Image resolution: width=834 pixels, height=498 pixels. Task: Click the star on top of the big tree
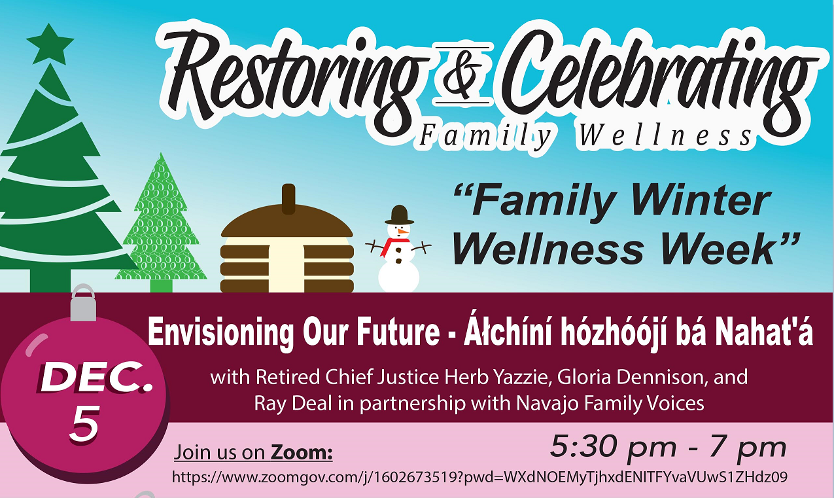point(50,44)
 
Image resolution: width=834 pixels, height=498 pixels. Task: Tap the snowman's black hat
point(399,215)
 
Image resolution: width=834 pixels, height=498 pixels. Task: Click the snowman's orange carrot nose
point(402,232)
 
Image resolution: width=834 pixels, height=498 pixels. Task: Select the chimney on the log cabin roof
point(288,199)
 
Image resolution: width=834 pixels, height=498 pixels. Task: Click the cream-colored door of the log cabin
point(287,268)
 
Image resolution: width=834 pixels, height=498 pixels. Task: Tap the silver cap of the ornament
point(83,302)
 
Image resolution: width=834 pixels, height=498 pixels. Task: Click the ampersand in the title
point(462,75)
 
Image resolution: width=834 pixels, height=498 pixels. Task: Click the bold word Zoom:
point(301,453)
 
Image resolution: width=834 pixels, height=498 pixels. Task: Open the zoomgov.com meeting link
point(479,477)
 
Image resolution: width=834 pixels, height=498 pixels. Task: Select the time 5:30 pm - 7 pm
point(668,446)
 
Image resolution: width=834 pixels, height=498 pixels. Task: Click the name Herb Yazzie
point(495,378)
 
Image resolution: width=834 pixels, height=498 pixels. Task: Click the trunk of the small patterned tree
point(161,286)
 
